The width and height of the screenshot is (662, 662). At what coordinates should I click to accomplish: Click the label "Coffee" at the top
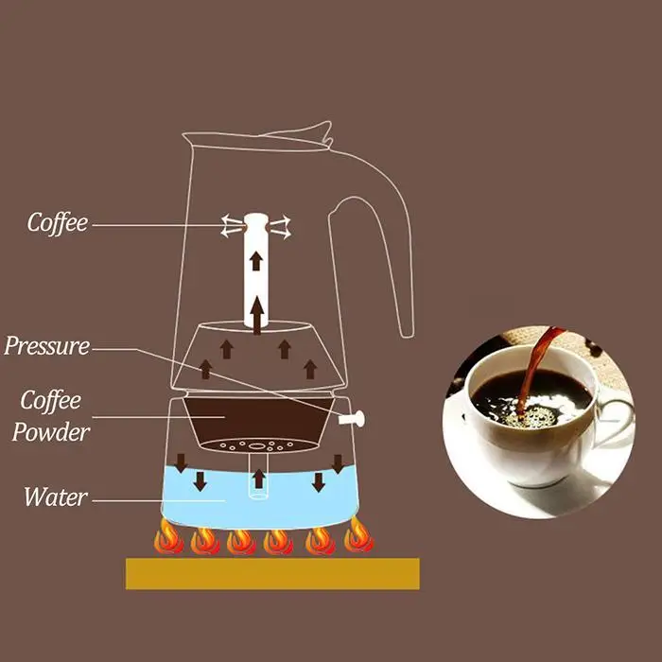tap(57, 223)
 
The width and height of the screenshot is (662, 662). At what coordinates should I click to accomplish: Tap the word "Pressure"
tap(46, 346)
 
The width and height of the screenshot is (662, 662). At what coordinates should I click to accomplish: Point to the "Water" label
tap(56, 496)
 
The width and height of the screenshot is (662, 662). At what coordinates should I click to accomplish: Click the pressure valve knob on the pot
tap(355, 417)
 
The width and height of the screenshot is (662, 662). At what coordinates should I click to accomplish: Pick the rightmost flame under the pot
tap(357, 537)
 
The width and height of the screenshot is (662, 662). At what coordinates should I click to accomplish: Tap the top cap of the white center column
tap(256, 223)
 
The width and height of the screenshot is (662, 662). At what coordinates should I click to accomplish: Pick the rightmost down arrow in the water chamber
tap(338, 463)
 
